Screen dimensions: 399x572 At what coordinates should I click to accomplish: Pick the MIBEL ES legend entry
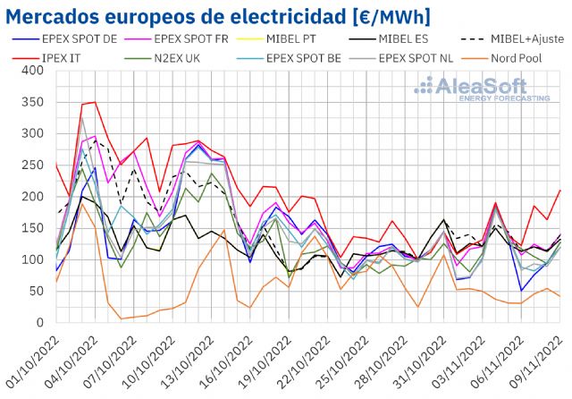pos(411,40)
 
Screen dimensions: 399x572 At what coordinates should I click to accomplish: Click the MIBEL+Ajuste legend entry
pos(518,40)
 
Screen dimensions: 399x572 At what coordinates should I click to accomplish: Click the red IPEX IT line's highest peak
pos(95,102)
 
